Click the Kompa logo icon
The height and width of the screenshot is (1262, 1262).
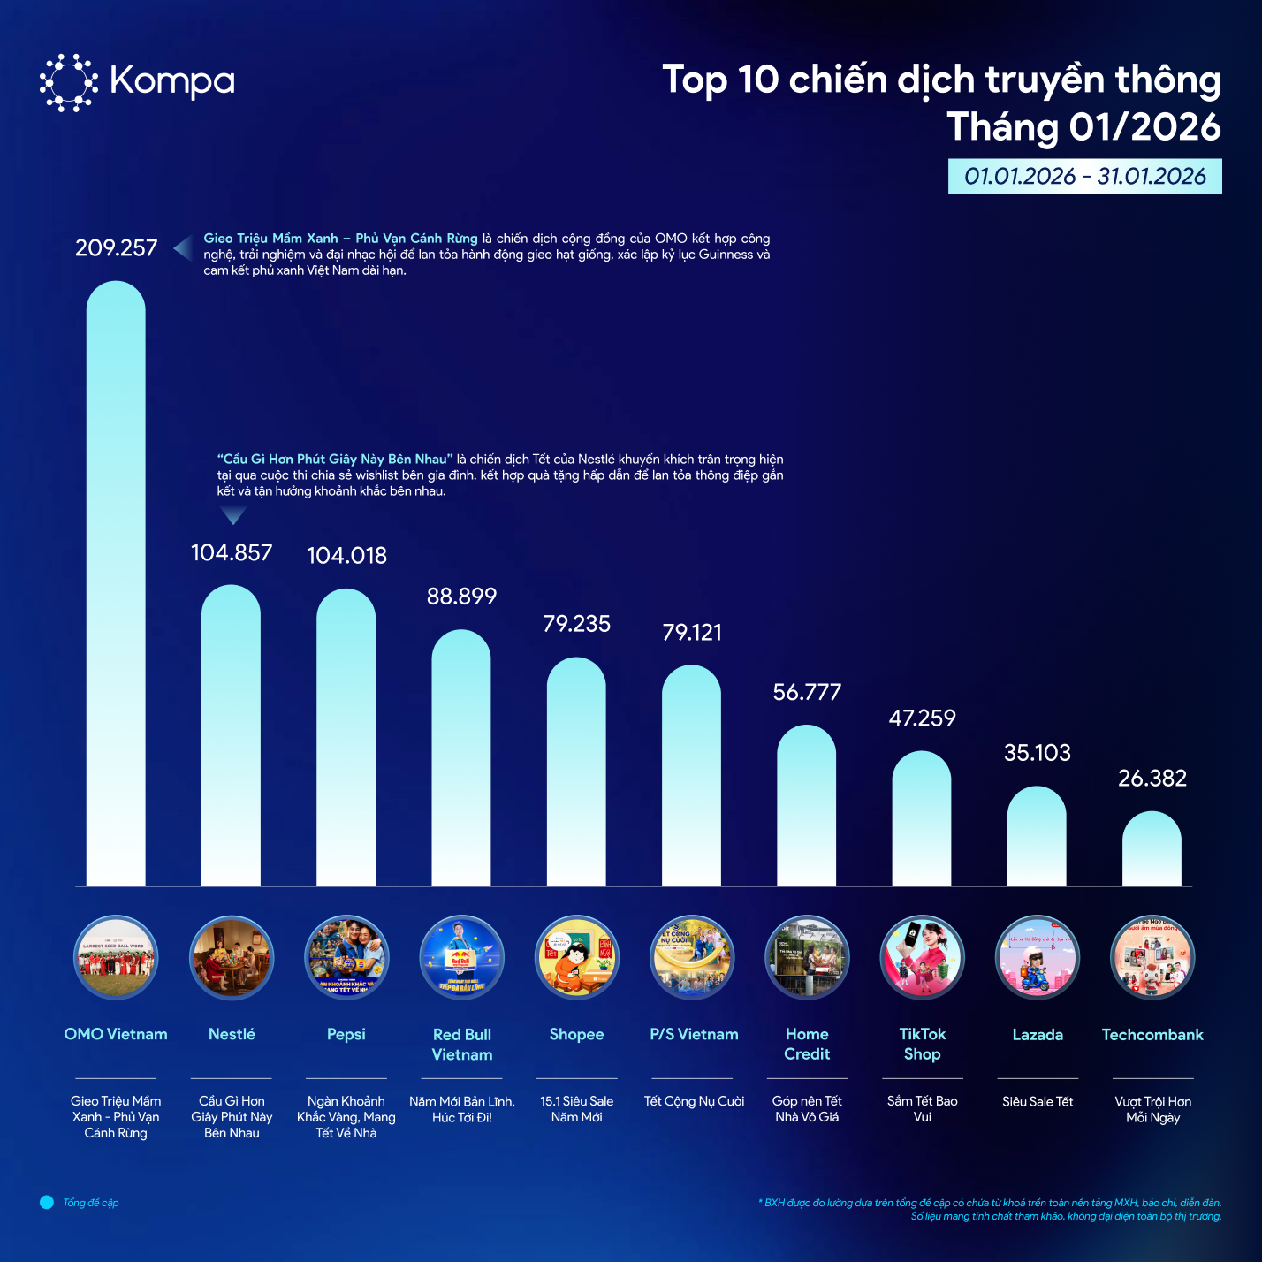coord(68,82)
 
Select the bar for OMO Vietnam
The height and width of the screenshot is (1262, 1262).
coord(116,583)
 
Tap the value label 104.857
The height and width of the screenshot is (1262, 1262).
coord(232,553)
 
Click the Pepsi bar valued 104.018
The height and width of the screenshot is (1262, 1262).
coord(346,737)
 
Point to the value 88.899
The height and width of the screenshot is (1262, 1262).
coord(461,597)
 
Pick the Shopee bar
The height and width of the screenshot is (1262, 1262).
coord(576,772)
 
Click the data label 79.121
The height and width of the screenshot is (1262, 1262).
coord(692,633)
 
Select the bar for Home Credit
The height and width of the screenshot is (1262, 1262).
coord(806,806)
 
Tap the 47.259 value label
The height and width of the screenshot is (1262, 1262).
coord(922,718)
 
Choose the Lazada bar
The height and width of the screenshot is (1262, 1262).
coord(1037,836)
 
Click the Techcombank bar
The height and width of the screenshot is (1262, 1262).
coord(1152,849)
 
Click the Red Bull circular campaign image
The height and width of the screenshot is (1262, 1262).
coord(461,957)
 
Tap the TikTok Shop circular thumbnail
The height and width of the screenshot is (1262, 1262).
coord(922,957)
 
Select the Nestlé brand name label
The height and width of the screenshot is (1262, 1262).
coord(232,1034)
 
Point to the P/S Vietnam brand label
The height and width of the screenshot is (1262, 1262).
coord(694,1034)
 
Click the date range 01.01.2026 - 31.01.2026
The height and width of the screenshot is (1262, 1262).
coord(1084,176)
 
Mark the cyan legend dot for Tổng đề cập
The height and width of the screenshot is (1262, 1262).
coord(47,1203)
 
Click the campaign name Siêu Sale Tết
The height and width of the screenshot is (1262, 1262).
coord(1038,1101)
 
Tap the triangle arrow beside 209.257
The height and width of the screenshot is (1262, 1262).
coord(183,248)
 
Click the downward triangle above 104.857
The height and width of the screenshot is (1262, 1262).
coord(232,514)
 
